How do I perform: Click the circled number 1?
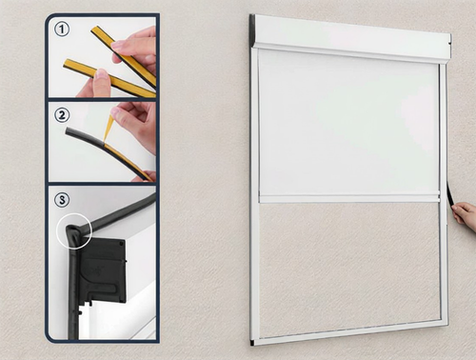(x=62, y=30)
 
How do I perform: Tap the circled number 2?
(x=62, y=114)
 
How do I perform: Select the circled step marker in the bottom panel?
(x=62, y=200)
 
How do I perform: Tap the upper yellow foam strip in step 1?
(x=124, y=56)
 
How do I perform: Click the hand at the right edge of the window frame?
(x=465, y=217)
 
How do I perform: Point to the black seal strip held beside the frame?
(x=450, y=194)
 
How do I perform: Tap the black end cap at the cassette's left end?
(x=252, y=30)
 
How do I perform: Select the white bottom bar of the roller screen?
(x=349, y=199)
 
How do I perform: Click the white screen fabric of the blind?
(x=348, y=124)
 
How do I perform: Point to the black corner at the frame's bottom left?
(x=252, y=343)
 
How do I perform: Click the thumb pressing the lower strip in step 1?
(x=100, y=77)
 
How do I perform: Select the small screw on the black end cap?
(x=122, y=244)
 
